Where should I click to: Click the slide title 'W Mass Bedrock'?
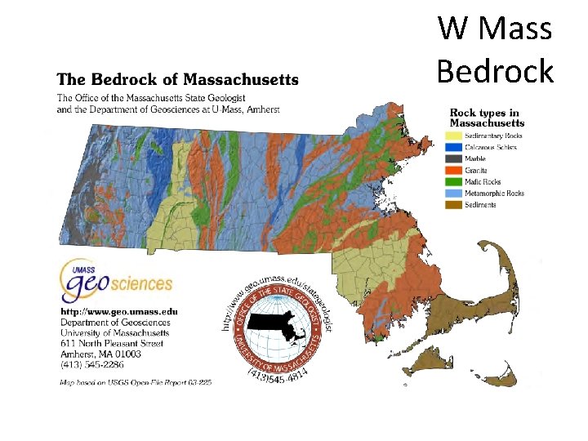click(495, 49)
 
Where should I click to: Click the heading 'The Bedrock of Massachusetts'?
click(177, 79)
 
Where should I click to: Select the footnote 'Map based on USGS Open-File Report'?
click(135, 382)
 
